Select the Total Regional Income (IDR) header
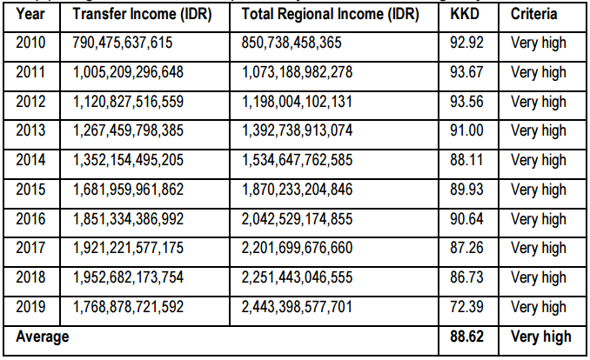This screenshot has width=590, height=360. coord(331,15)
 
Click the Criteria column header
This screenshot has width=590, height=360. coord(534,15)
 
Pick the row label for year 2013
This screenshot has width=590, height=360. coord(31,130)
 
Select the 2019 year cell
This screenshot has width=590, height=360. coord(31,307)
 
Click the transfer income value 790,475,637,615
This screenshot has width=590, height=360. coord(124,43)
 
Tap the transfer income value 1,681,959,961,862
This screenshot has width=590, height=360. coord(128,190)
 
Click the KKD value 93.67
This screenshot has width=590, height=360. coord(468,72)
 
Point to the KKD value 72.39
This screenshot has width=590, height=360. coord(468,307)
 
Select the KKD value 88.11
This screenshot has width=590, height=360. coord(468,160)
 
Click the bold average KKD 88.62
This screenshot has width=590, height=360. coord(468,337)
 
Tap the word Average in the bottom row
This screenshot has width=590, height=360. coord(43,337)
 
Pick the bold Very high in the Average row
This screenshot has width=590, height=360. coord(541,337)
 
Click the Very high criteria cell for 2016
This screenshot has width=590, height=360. coord(539,218)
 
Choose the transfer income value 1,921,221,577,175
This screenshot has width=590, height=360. coord(128,248)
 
